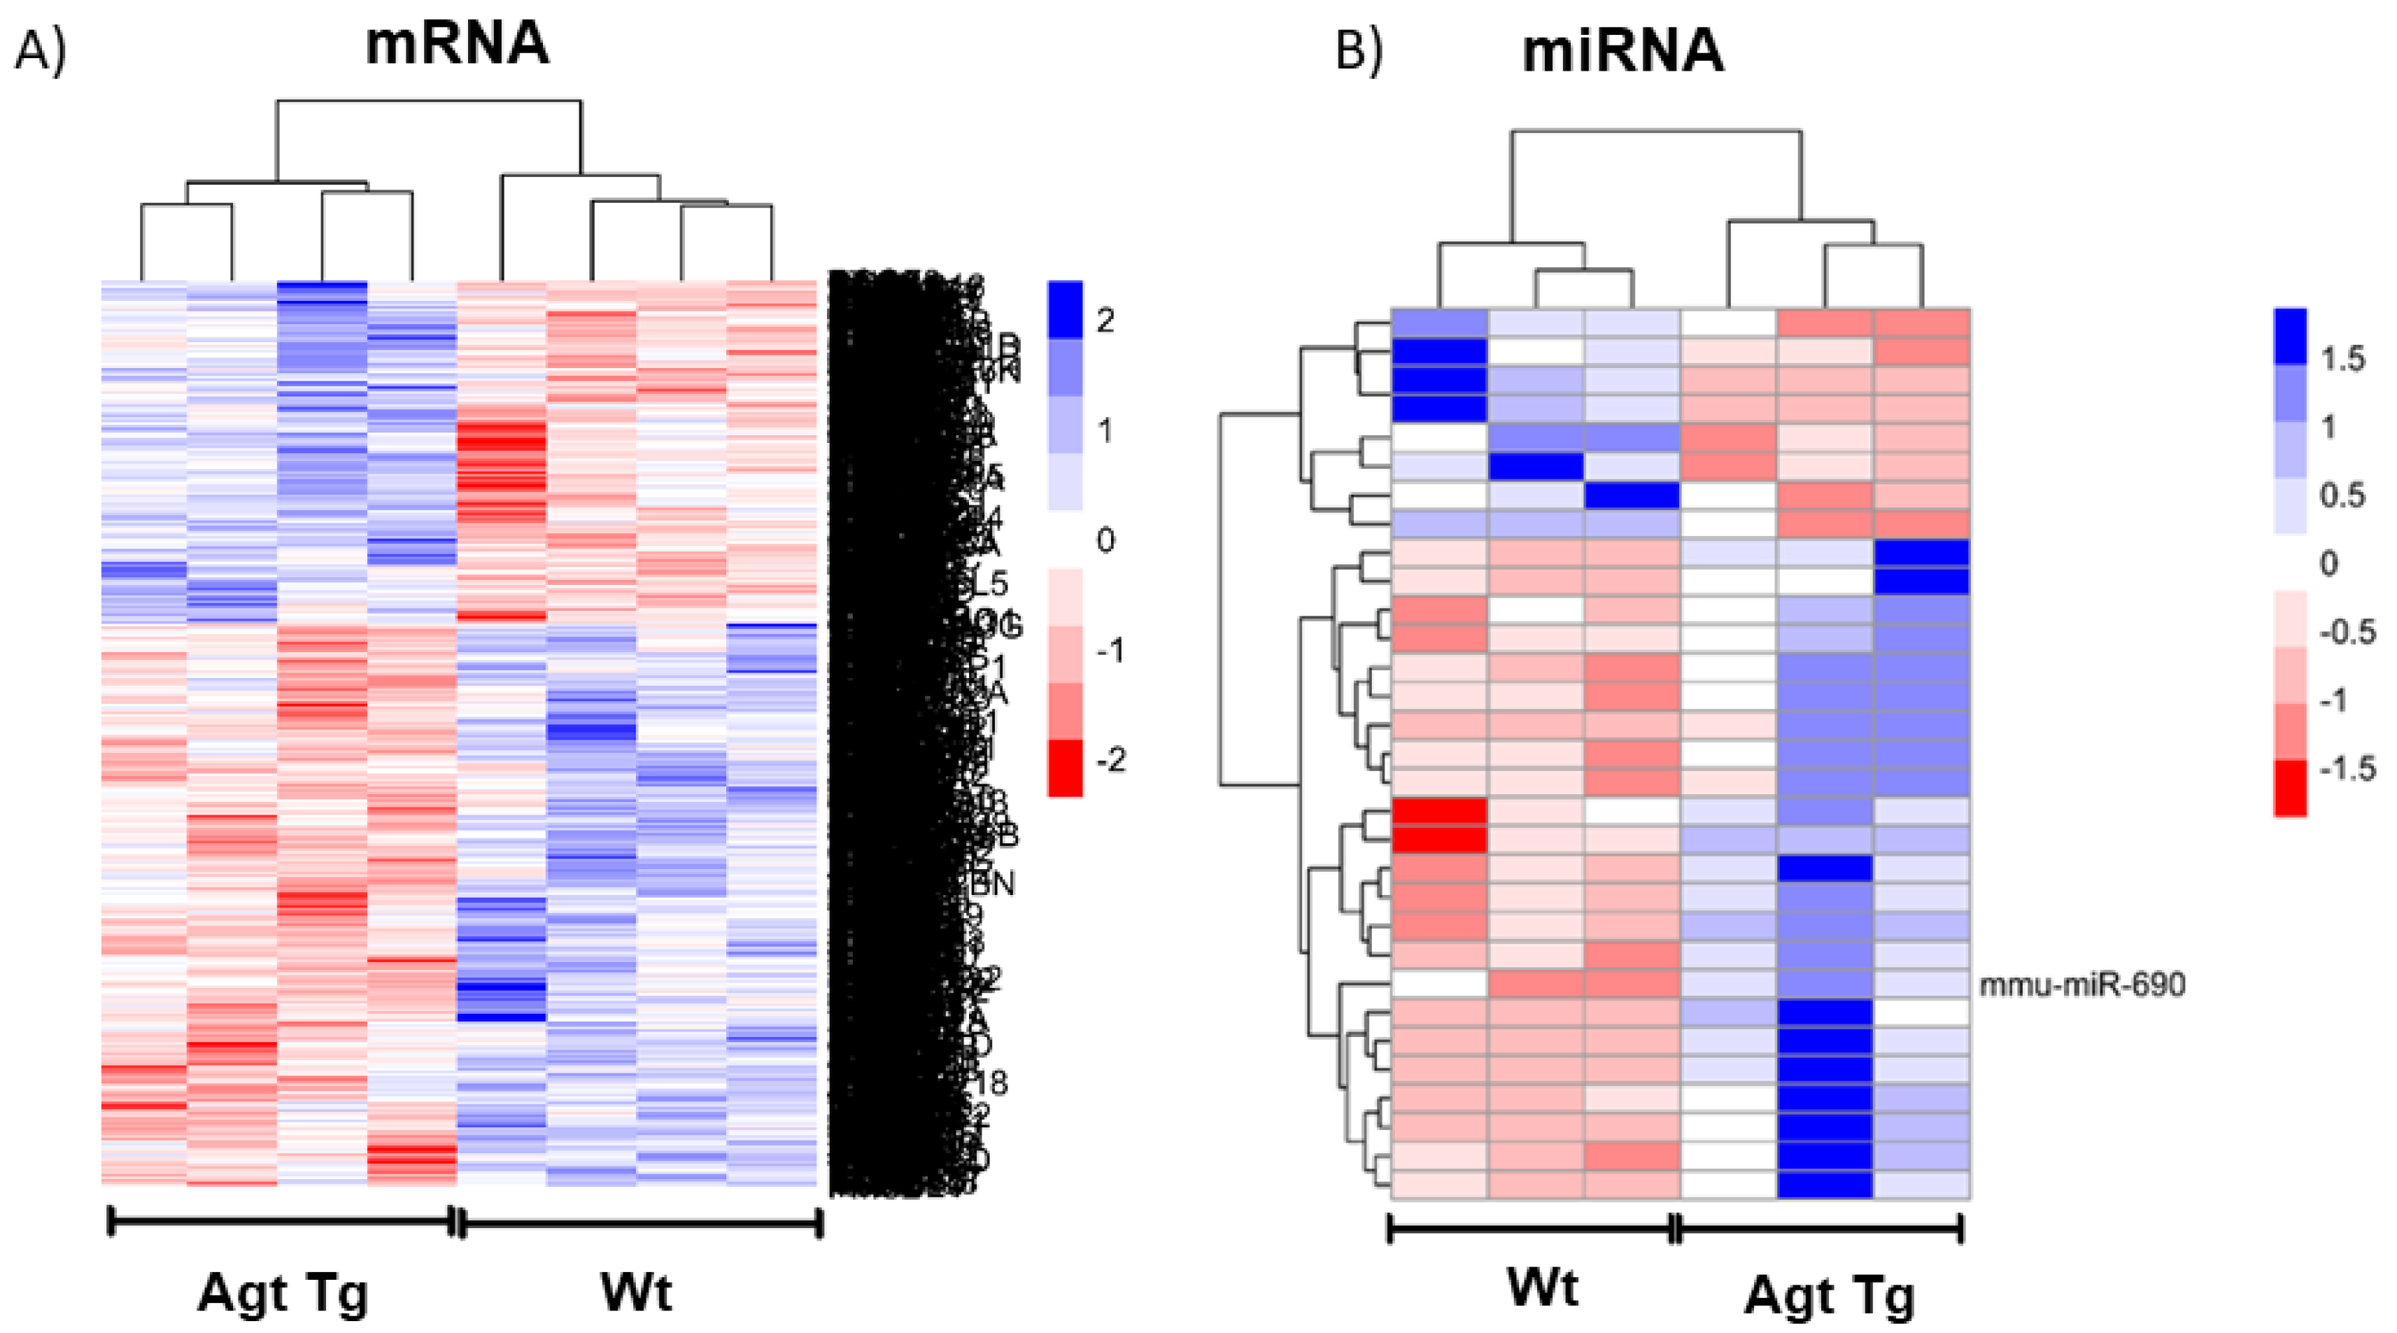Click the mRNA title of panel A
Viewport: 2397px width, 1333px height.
456,44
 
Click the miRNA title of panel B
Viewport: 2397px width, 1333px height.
1622,51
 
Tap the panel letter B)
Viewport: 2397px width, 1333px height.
1359,51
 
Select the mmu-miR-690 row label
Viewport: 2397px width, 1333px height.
2081,984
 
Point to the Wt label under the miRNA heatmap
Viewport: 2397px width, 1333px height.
1543,1288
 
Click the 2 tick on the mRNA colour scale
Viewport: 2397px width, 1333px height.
1105,321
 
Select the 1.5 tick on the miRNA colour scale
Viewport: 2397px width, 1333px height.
2341,358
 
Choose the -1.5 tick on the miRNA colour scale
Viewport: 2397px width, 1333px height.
2347,769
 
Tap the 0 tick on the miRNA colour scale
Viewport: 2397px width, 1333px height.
2328,563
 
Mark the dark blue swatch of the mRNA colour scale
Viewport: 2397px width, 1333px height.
1066,309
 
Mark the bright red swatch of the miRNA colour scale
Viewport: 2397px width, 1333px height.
2290,787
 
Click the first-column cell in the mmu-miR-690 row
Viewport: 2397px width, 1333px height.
1438,983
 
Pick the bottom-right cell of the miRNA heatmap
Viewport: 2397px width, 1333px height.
1921,1183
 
